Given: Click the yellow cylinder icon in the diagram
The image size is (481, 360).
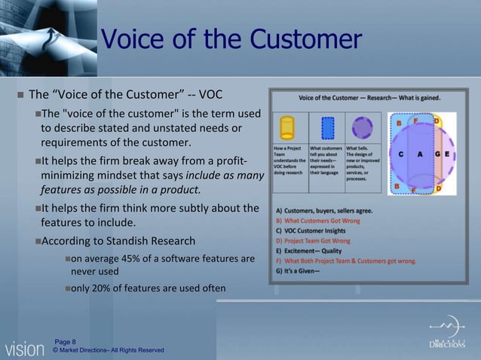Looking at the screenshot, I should click(x=286, y=127).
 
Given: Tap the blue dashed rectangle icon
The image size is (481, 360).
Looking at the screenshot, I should click(x=327, y=127).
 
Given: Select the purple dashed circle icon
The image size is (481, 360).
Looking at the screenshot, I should click(x=363, y=127).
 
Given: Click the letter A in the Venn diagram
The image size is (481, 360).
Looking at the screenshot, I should click(x=418, y=154).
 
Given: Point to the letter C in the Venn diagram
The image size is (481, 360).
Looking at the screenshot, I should click(x=400, y=154).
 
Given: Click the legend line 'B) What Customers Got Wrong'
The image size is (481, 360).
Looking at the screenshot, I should click(x=317, y=221).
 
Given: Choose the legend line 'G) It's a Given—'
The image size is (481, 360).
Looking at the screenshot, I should click(x=299, y=270).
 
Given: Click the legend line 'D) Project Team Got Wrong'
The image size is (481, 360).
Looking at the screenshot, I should click(x=313, y=241).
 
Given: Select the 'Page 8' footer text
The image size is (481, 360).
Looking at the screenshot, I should click(x=65, y=342).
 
